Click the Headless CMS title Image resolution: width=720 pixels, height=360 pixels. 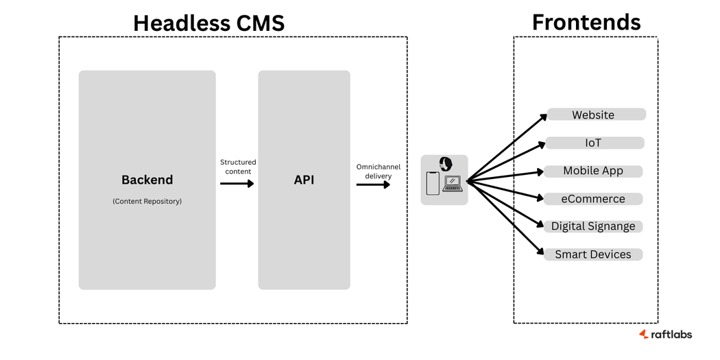click(208, 23)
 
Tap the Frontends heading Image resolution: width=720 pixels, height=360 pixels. click(586, 22)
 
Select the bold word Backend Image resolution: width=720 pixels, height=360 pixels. click(147, 180)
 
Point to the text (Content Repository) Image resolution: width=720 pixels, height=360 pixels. click(147, 202)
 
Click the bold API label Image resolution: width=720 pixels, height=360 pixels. click(304, 180)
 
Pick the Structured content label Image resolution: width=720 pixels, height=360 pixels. click(237, 167)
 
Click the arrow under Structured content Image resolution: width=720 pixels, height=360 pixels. click(237, 184)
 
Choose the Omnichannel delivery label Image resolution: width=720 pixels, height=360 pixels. click(374, 171)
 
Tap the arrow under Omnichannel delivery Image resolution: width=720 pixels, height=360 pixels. click(373, 184)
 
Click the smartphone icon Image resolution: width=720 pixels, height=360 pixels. click(432, 183)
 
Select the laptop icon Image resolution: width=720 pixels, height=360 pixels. click(453, 184)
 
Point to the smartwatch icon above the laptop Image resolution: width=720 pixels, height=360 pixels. click(446, 164)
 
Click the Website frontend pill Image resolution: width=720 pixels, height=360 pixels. click(595, 115)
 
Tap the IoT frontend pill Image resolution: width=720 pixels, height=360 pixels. click(594, 143)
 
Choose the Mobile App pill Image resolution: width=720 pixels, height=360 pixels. click(593, 171)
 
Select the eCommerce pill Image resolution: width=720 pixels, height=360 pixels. click(593, 199)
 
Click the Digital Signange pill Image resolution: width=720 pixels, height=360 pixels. click(593, 226)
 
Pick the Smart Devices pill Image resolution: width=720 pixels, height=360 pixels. click(593, 254)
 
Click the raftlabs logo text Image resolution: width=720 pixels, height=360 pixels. click(671, 334)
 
